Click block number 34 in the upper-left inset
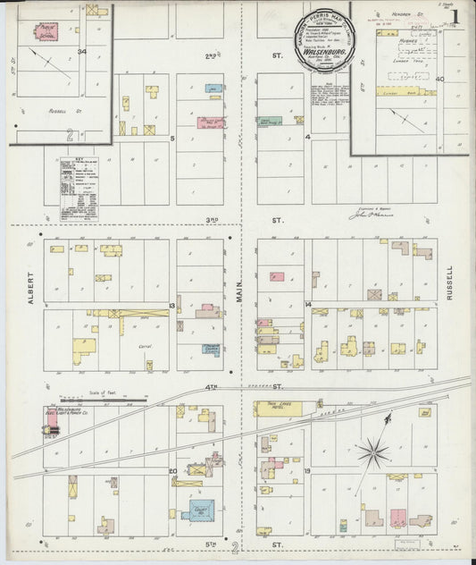[81, 53]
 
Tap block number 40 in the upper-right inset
[439, 79]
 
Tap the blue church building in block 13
[211, 350]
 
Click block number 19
[305, 469]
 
